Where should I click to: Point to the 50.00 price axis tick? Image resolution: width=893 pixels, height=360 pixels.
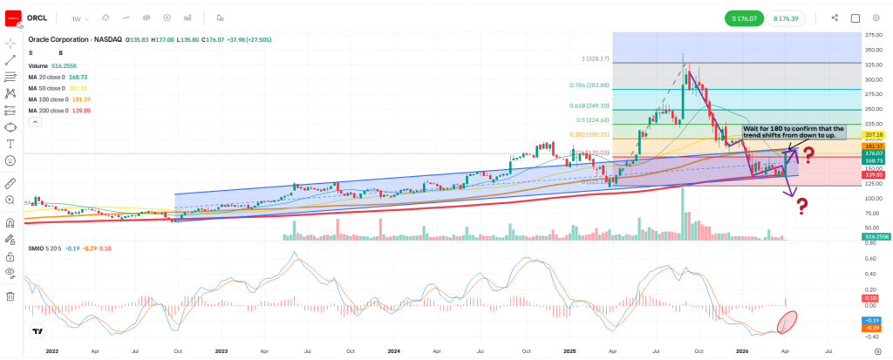[x=872, y=228]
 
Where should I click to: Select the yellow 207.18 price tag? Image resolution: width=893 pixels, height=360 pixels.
[x=873, y=135]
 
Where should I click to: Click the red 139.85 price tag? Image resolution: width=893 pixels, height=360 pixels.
[x=873, y=175]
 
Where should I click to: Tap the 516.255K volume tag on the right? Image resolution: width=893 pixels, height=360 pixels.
[x=875, y=237]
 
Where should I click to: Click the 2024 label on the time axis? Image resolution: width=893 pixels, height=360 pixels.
[x=393, y=351]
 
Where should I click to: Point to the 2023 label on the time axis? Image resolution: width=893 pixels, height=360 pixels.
[x=222, y=351]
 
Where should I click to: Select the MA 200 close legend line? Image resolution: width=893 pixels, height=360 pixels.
[x=60, y=111]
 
